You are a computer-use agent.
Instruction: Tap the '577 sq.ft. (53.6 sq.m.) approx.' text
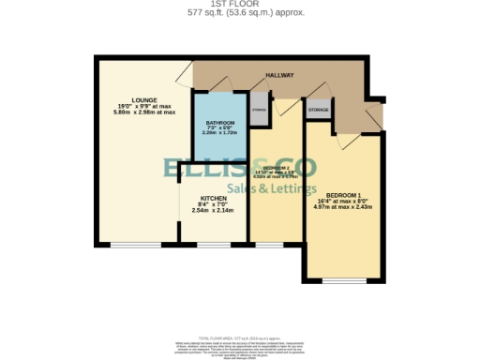[239, 13]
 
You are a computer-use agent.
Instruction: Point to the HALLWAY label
[279, 75]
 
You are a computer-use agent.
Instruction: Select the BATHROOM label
[219, 124]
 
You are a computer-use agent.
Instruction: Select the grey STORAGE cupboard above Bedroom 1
[320, 110]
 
